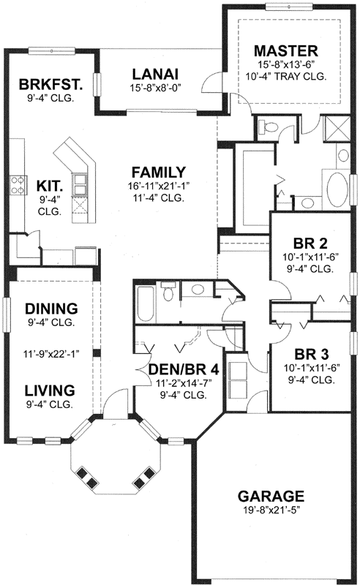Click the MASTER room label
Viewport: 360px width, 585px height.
285,50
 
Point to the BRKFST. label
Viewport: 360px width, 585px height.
51,84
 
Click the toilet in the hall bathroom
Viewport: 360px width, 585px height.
168,295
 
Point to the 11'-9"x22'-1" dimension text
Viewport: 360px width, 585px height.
52,353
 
